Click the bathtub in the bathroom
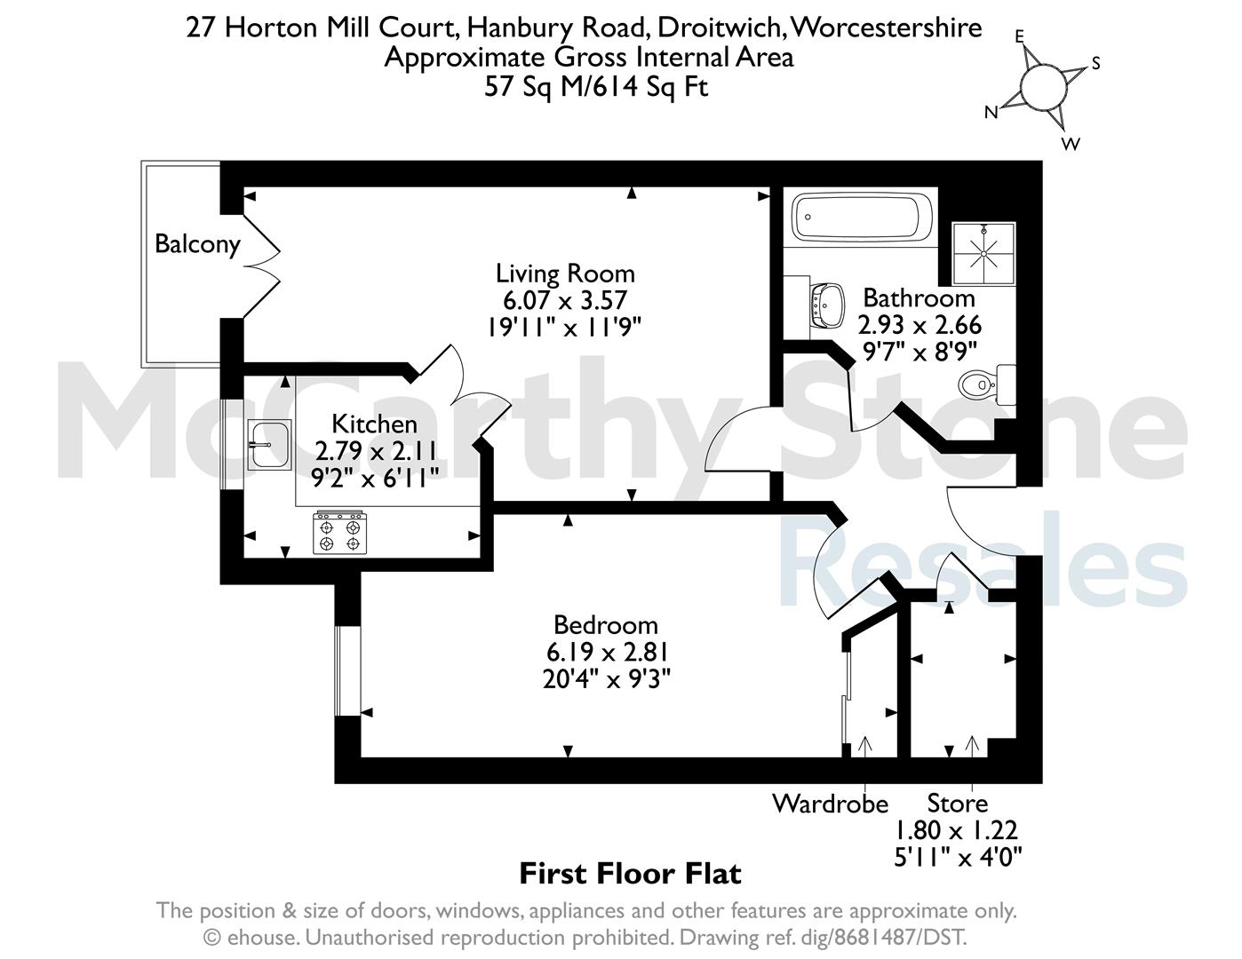tap(861, 217)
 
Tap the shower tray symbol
tap(983, 253)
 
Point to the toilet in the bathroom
tap(986, 385)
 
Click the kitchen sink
tap(269, 444)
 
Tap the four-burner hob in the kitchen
tap(339, 532)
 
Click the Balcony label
tap(197, 244)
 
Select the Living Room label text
tap(565, 273)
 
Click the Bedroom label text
tap(606, 625)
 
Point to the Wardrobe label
tap(830, 804)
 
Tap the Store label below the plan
tap(958, 803)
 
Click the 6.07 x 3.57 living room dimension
tap(565, 300)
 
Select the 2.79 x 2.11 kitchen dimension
tap(376, 451)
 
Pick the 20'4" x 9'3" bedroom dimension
tap(606, 679)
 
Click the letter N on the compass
tap(991, 113)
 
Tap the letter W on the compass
tap(1071, 143)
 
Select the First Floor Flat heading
tap(630, 874)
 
